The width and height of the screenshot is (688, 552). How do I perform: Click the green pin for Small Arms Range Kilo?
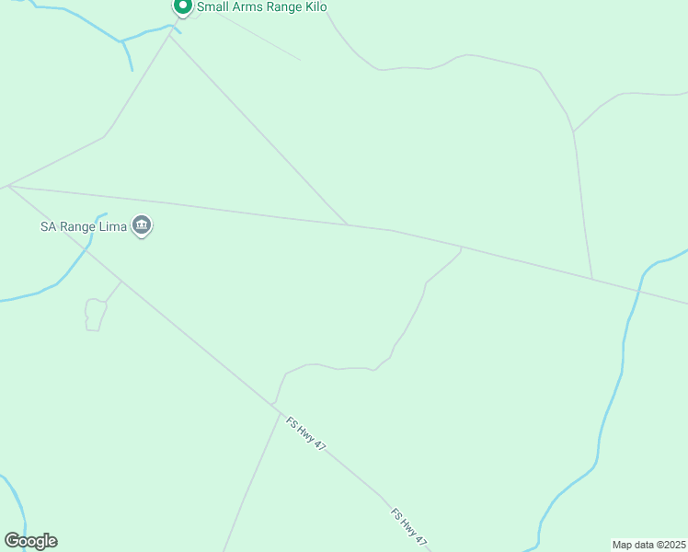click(182, 6)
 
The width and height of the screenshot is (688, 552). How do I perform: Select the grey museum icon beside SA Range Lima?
click(142, 225)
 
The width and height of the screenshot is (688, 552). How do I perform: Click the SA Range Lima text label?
click(83, 225)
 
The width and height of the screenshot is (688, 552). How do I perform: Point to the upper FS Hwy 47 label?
click(306, 433)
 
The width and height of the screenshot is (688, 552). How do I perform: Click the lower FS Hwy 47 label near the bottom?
click(410, 527)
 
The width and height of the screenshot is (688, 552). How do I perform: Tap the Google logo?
click(30, 541)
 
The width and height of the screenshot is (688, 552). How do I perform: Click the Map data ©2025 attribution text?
click(648, 545)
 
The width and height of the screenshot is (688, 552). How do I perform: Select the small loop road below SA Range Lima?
click(93, 314)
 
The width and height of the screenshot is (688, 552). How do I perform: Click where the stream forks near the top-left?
click(120, 41)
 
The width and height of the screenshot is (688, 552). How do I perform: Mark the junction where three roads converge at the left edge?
click(8, 186)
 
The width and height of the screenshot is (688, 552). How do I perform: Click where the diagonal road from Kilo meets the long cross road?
click(348, 224)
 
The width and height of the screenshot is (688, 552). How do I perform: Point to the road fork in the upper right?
click(573, 132)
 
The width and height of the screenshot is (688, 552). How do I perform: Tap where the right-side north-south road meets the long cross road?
click(591, 279)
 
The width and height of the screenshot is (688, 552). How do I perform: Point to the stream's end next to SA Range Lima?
click(107, 215)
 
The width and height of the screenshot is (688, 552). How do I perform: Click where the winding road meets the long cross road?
click(460, 247)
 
